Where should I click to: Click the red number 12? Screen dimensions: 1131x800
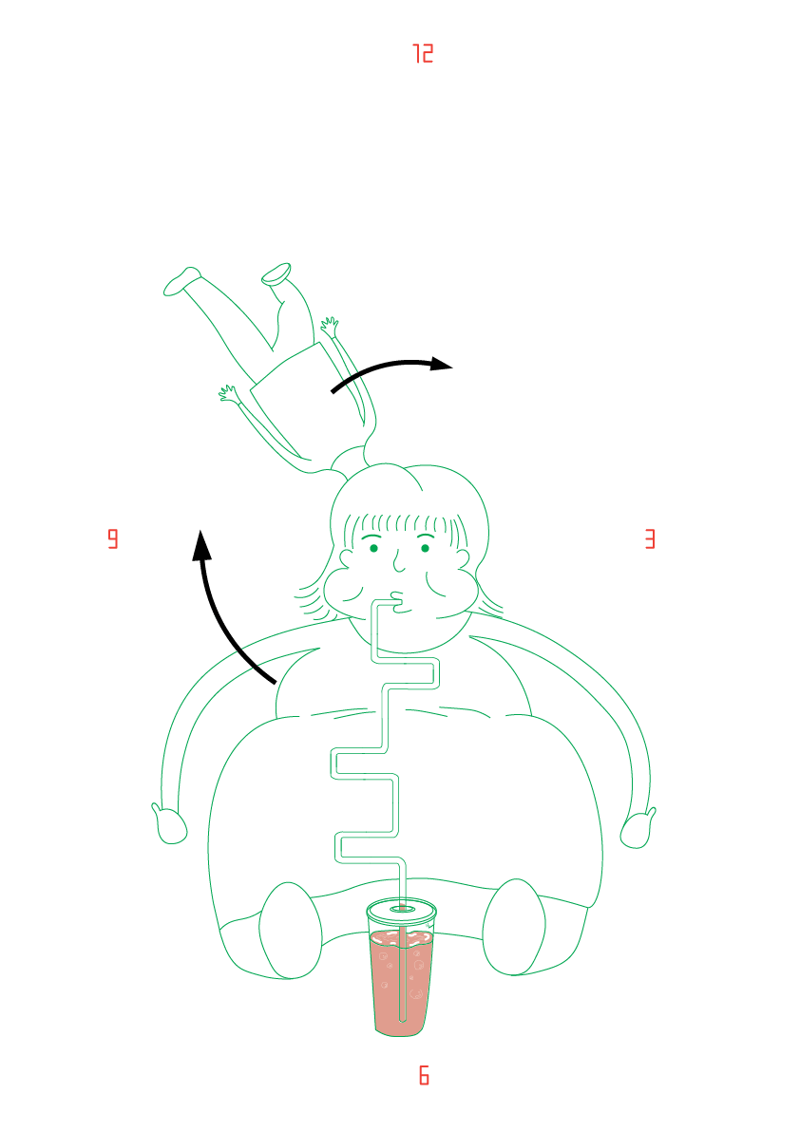click(423, 53)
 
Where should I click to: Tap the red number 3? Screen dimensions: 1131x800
click(650, 539)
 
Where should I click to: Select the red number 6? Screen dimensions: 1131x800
click(424, 1075)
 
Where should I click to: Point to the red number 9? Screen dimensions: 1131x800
click(112, 539)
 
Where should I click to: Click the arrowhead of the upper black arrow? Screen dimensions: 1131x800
click(441, 364)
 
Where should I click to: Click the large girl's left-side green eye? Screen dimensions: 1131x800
click(373, 548)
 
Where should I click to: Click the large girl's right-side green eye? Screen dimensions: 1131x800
click(425, 548)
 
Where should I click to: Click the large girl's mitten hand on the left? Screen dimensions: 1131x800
click(170, 823)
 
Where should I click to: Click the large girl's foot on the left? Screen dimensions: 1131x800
click(289, 931)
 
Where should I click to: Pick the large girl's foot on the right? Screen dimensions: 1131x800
click(514, 927)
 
